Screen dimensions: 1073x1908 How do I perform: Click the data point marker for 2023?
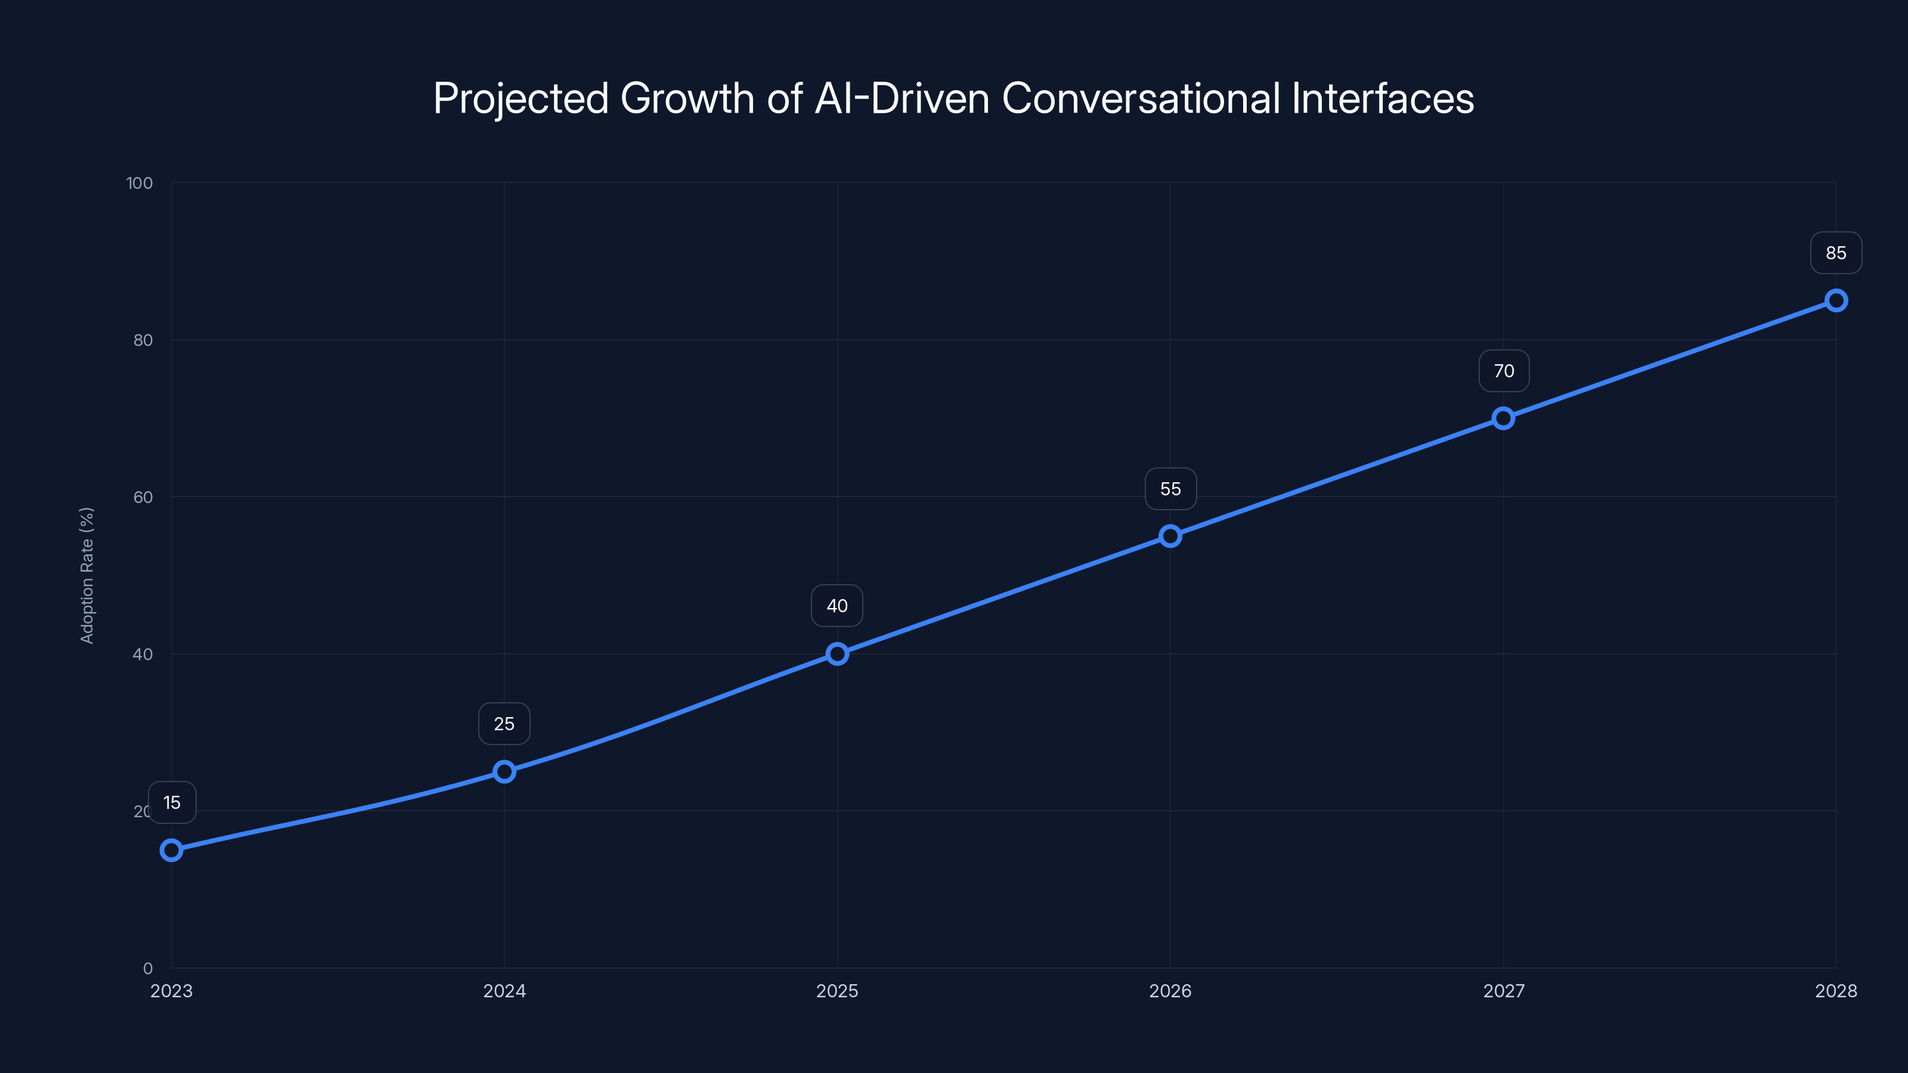tap(171, 849)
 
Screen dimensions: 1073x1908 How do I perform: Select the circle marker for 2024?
tap(504, 771)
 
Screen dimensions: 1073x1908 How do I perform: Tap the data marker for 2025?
tap(837, 653)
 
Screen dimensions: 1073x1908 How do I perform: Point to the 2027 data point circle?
tap(1503, 418)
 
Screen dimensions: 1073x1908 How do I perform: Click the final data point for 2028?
tap(1835, 300)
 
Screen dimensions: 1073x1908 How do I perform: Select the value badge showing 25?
tap(504, 724)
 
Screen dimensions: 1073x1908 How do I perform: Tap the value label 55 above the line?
tap(1170, 489)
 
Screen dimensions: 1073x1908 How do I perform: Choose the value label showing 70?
tap(1504, 370)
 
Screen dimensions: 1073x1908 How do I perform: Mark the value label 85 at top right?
tap(1835, 253)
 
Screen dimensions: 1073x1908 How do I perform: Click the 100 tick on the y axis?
tap(140, 183)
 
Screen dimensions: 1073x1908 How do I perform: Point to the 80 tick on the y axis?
tap(143, 340)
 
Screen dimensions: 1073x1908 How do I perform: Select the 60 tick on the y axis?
tap(143, 497)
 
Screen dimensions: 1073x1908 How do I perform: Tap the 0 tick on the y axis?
tap(147, 968)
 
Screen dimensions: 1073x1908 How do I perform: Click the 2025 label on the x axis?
tap(837, 991)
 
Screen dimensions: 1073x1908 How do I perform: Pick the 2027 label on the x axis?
tap(1504, 991)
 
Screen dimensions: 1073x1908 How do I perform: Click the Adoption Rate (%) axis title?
tap(86, 575)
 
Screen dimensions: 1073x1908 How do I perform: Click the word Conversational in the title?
tap(1141, 98)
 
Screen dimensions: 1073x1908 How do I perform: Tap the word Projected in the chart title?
tap(520, 98)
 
